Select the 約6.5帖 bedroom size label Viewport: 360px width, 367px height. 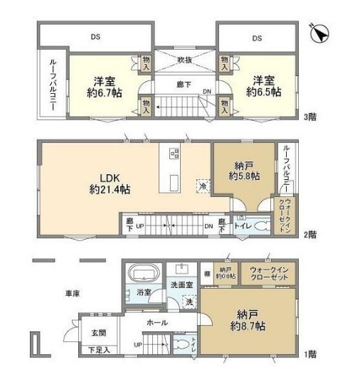tap(263, 92)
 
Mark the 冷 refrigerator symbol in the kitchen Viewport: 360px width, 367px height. tap(203, 185)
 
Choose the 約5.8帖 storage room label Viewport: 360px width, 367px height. tap(243, 176)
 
